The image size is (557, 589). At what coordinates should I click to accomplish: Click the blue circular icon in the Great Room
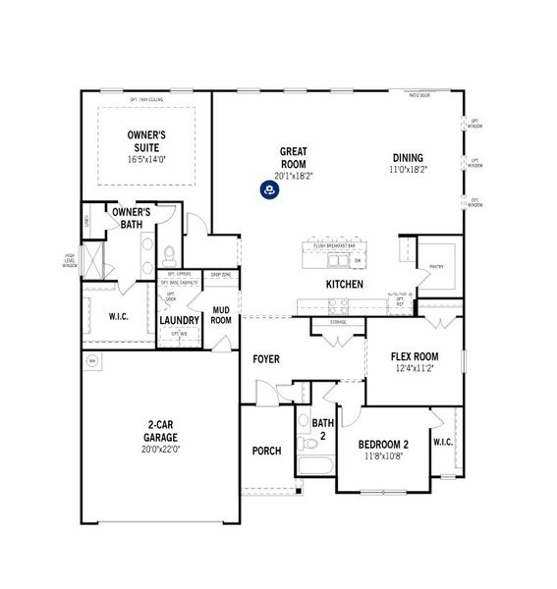tap(268, 189)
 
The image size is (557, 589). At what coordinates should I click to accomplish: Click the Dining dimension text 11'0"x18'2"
tap(408, 169)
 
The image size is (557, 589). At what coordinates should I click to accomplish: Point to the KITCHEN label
tap(345, 285)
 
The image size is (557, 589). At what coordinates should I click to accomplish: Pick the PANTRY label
tap(435, 266)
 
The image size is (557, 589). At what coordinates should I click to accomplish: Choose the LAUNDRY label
tap(180, 320)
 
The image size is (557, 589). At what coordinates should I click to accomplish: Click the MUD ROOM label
tap(221, 314)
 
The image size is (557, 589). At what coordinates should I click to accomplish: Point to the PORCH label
tap(266, 452)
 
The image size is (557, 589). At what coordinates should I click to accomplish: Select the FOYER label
tap(266, 359)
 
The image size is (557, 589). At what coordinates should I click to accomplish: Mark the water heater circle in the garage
tap(92, 360)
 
